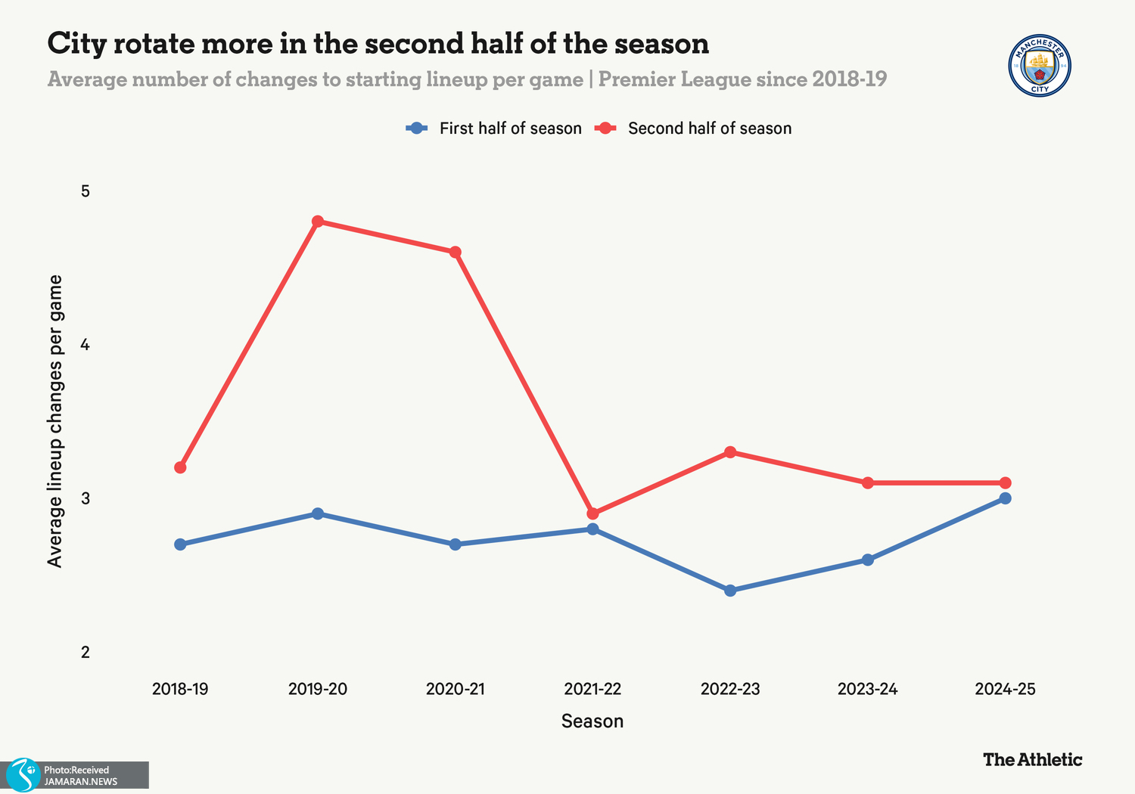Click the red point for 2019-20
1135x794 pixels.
point(318,222)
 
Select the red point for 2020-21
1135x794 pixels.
point(456,253)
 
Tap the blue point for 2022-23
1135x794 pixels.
point(730,591)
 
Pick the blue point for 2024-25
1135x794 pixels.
point(1005,498)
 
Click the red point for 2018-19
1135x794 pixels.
point(180,468)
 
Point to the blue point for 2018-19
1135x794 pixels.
point(180,544)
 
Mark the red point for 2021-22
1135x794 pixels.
point(592,514)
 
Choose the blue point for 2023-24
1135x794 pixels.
point(868,560)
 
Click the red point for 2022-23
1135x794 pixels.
point(730,452)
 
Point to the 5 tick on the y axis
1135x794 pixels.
point(86,191)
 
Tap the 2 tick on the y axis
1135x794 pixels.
point(86,652)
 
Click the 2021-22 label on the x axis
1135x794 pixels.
point(592,690)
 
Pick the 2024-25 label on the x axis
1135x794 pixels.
point(1005,690)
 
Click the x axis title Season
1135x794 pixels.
point(592,721)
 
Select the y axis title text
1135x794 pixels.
point(55,420)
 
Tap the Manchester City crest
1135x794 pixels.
point(1040,65)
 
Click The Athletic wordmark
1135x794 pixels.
point(1032,759)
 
